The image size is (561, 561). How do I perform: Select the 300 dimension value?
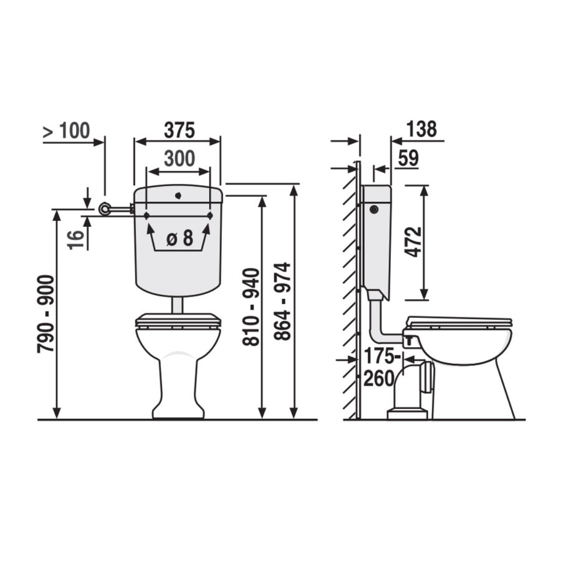(179, 158)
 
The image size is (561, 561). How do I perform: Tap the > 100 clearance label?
(66, 131)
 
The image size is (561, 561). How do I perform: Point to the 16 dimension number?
(75, 239)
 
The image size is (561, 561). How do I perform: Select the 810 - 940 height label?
(251, 307)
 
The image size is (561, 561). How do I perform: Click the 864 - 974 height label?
(283, 302)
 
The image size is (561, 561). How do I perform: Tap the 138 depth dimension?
(421, 130)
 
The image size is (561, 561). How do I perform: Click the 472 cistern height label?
(413, 242)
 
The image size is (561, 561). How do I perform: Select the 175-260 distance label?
(379, 367)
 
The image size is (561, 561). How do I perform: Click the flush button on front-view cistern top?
(178, 195)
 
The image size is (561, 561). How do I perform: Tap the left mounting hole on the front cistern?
(146, 216)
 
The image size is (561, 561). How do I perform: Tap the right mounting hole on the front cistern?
(210, 216)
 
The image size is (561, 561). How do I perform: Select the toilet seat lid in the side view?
(458, 322)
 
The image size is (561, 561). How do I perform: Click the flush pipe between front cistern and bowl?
(178, 305)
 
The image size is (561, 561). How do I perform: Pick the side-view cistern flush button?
(373, 209)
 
